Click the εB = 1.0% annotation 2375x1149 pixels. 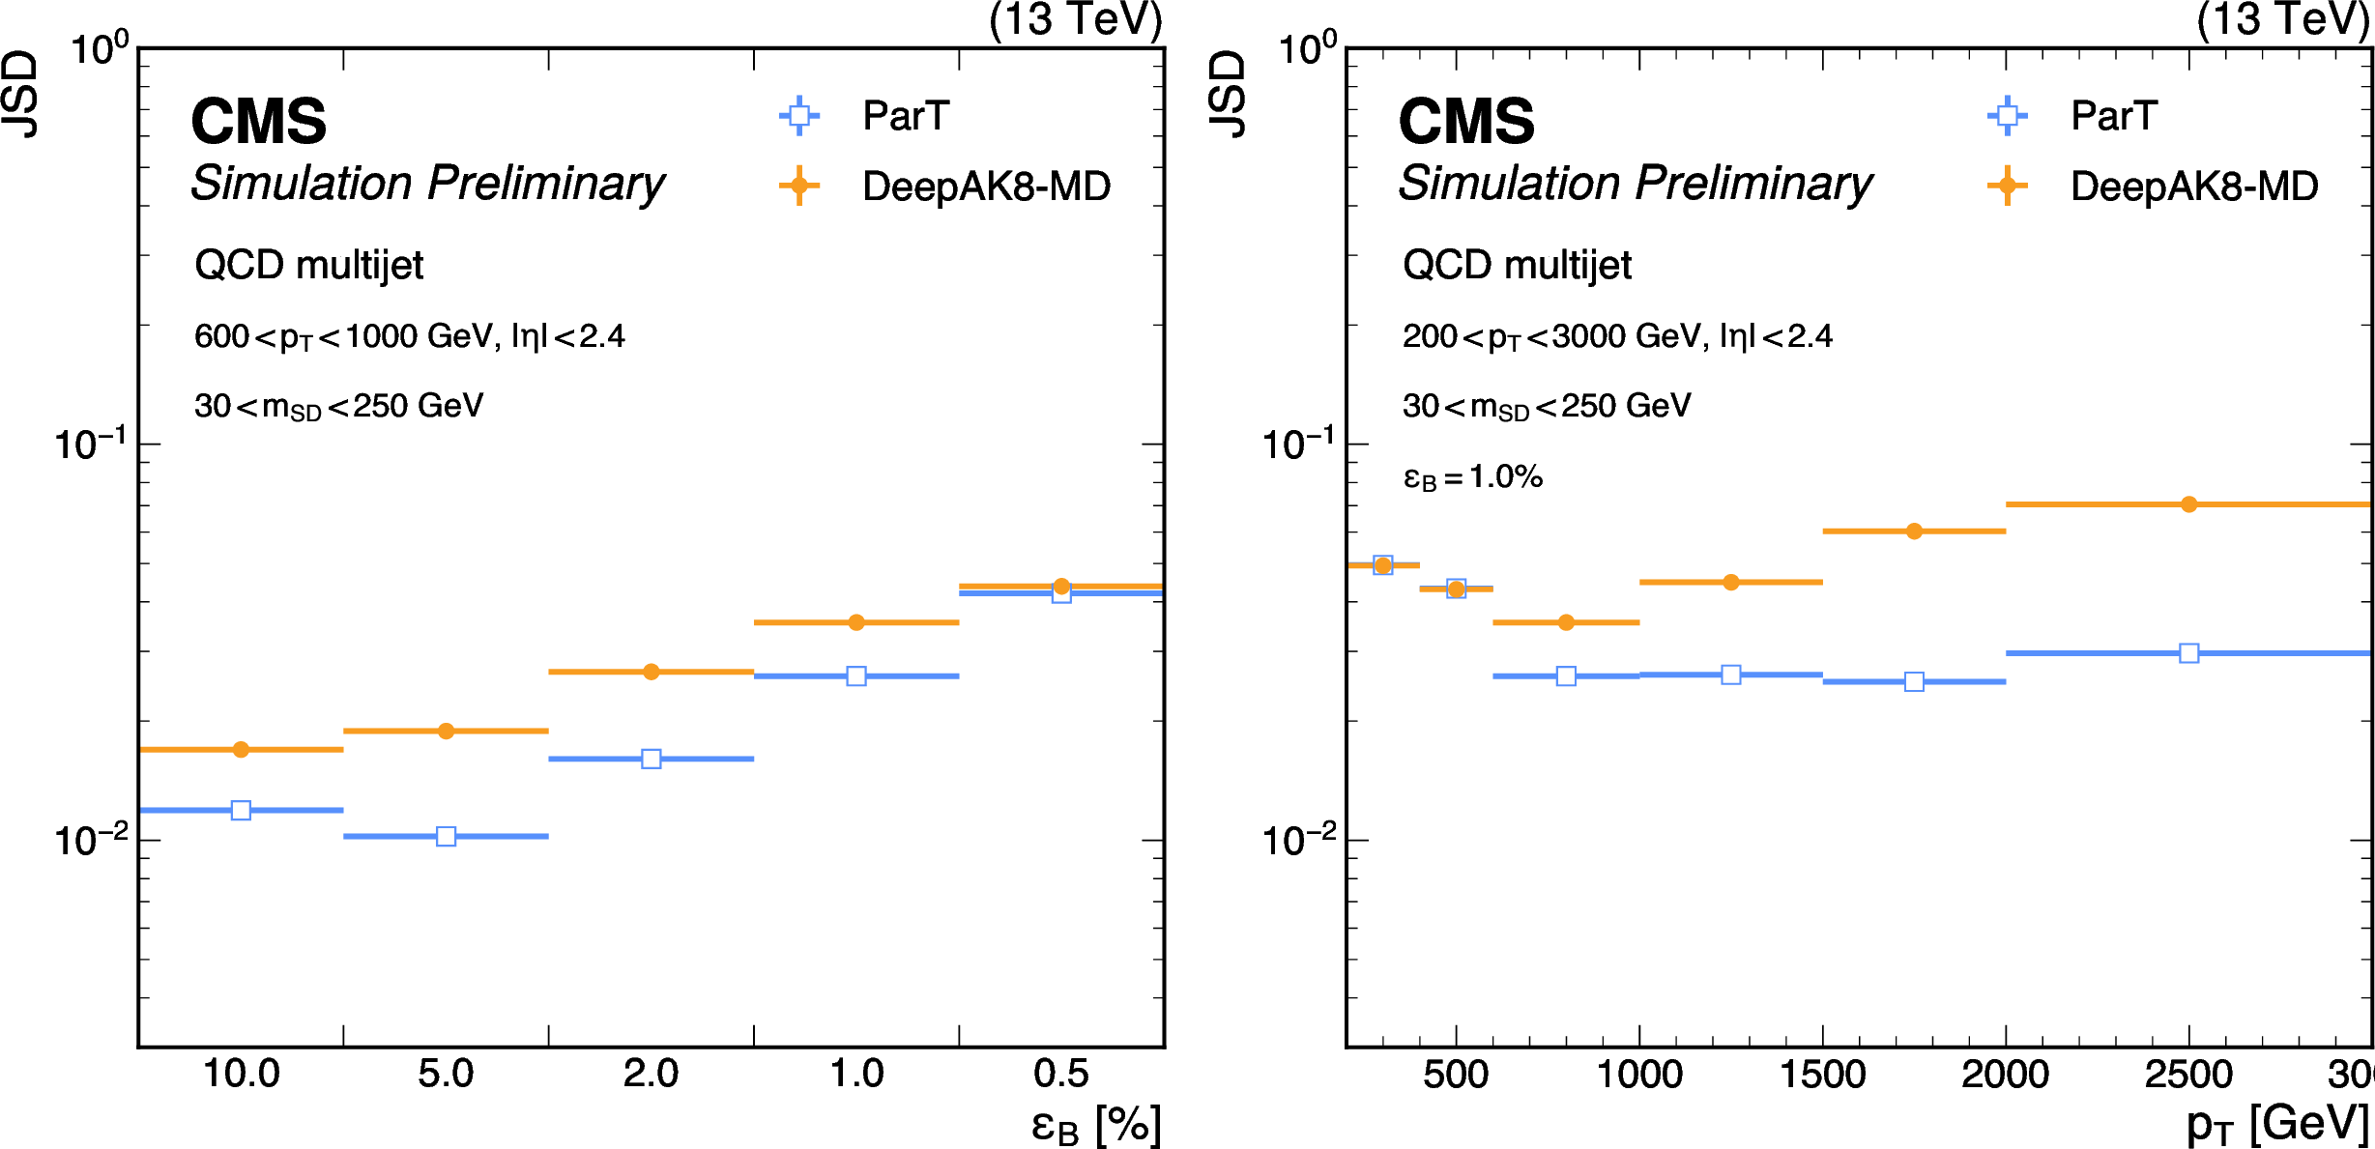tap(1472, 477)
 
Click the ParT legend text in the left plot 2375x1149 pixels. tap(906, 116)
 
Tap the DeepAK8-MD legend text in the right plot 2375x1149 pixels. tap(2193, 187)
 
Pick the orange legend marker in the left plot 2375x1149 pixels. tap(799, 186)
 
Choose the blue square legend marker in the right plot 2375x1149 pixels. tap(2007, 116)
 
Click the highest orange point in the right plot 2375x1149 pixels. tap(2188, 504)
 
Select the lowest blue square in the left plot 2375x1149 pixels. tap(446, 836)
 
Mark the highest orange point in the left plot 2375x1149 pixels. tap(1060, 587)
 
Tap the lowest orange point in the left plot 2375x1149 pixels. tap(241, 749)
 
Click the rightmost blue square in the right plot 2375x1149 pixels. tap(2188, 653)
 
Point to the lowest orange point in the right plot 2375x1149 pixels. tap(1566, 622)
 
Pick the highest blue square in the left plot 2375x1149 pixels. tap(1060, 593)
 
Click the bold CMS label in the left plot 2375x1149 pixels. tap(259, 122)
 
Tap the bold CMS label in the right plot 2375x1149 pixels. tap(1466, 122)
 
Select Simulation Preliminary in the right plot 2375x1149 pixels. tap(1636, 184)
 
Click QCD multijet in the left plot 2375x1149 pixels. tap(308, 265)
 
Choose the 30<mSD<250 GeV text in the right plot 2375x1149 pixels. tap(1547, 406)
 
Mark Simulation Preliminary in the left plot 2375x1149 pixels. tap(427, 184)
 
